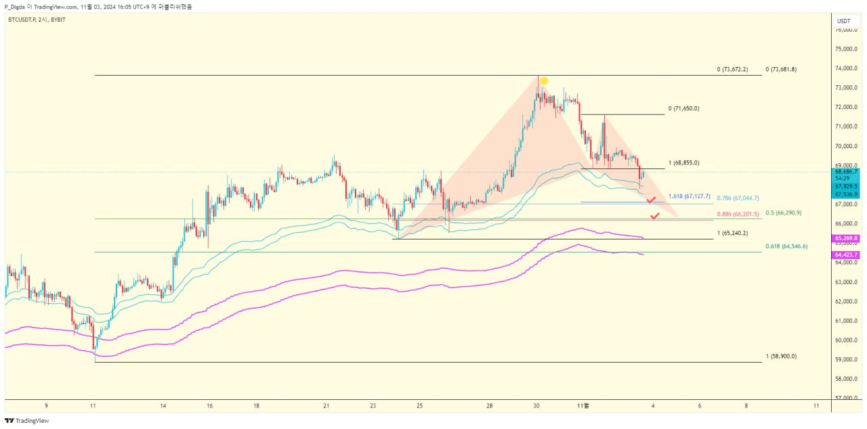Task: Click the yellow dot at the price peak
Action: click(x=544, y=81)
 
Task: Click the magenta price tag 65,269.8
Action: click(x=846, y=238)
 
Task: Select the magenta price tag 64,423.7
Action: click(x=846, y=254)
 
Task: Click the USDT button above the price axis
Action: click(x=843, y=21)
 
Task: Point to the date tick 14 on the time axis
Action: click(x=163, y=405)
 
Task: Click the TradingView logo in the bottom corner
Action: click(x=27, y=420)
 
